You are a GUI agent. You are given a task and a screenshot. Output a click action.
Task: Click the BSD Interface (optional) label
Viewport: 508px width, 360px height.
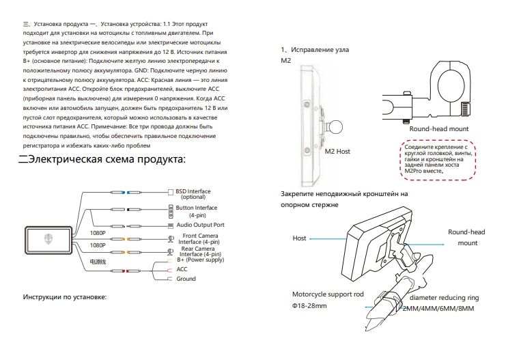[193, 194]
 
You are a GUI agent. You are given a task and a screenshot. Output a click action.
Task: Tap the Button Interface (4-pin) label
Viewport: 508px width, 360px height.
[197, 210]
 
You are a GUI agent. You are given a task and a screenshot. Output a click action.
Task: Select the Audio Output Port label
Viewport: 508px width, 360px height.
[201, 225]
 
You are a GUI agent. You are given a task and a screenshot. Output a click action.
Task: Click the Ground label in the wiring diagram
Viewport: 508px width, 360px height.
[186, 279]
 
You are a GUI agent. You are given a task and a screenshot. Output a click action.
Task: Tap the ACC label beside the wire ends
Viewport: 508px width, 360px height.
[182, 270]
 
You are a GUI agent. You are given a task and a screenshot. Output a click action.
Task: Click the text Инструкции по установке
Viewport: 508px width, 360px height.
[66, 297]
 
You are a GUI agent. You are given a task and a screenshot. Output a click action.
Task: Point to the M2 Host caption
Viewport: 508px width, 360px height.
[337, 152]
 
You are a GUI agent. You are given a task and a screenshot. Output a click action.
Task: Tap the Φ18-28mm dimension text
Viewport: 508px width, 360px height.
[307, 305]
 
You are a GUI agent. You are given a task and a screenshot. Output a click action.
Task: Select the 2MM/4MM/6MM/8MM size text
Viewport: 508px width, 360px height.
[438, 309]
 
